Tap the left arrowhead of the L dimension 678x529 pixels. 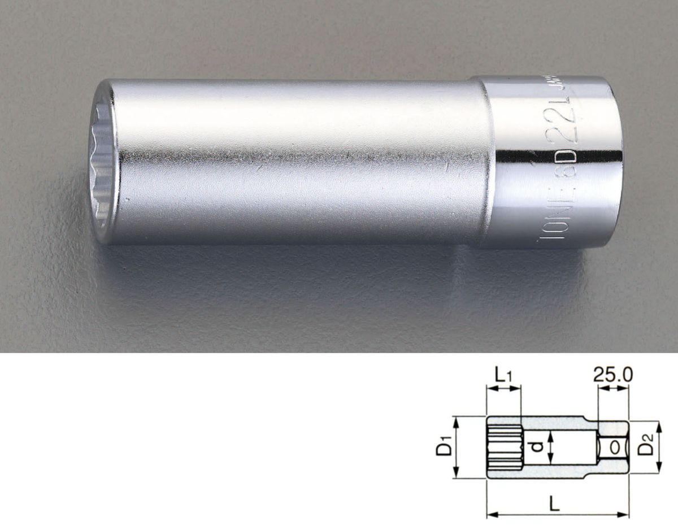pyautogui.click(x=490, y=514)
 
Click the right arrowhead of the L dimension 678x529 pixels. pyautogui.click(x=625, y=514)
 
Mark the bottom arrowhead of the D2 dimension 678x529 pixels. pyautogui.click(x=659, y=468)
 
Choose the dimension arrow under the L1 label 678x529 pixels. pyautogui.click(x=503, y=389)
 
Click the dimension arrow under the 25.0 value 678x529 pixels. pyautogui.click(x=612, y=389)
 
